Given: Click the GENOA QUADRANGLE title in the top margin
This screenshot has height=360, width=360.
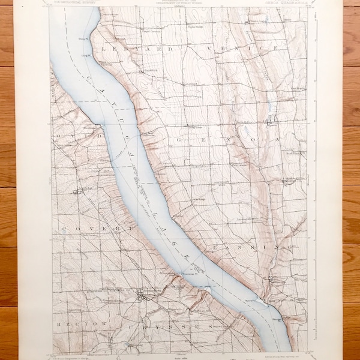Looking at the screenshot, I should click(287, 5).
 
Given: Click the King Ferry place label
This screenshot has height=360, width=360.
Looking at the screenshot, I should click(193, 127).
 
